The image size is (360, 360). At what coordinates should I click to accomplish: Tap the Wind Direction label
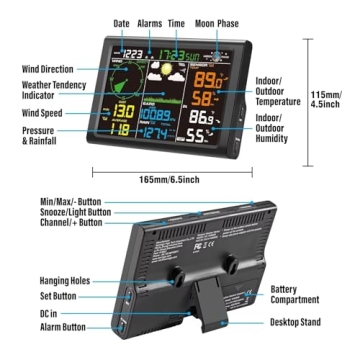(47, 69)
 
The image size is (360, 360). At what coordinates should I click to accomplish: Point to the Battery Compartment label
(295, 294)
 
